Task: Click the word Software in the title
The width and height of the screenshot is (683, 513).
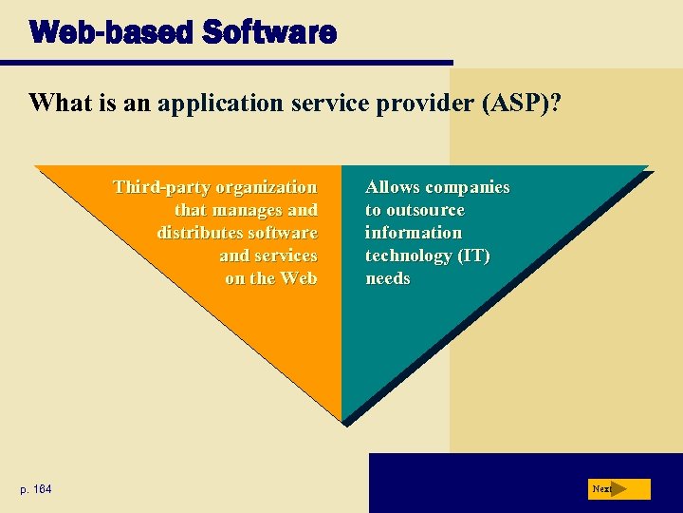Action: click(x=268, y=33)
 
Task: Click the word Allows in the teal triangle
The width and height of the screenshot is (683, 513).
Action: click(x=396, y=187)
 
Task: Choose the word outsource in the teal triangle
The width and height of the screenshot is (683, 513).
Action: click(x=426, y=210)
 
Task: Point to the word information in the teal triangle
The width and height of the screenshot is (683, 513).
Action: click(x=414, y=233)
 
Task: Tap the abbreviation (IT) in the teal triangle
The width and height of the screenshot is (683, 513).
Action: click(x=474, y=256)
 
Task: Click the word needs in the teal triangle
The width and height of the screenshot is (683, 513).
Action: click(x=388, y=278)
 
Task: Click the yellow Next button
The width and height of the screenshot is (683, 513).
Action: click(x=618, y=489)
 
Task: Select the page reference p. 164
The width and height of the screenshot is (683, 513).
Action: click(x=36, y=489)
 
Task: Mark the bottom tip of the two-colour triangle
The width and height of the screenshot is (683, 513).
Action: click(x=341, y=420)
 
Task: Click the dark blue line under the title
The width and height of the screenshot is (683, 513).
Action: click(x=237, y=64)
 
